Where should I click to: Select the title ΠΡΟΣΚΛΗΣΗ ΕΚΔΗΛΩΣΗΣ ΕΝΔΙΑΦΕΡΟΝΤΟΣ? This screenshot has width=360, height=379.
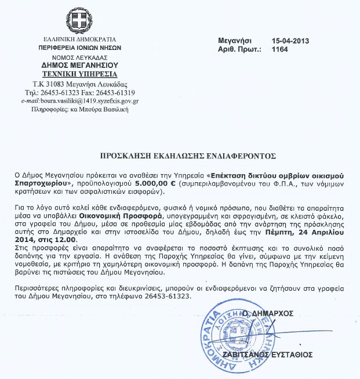[179, 156]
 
